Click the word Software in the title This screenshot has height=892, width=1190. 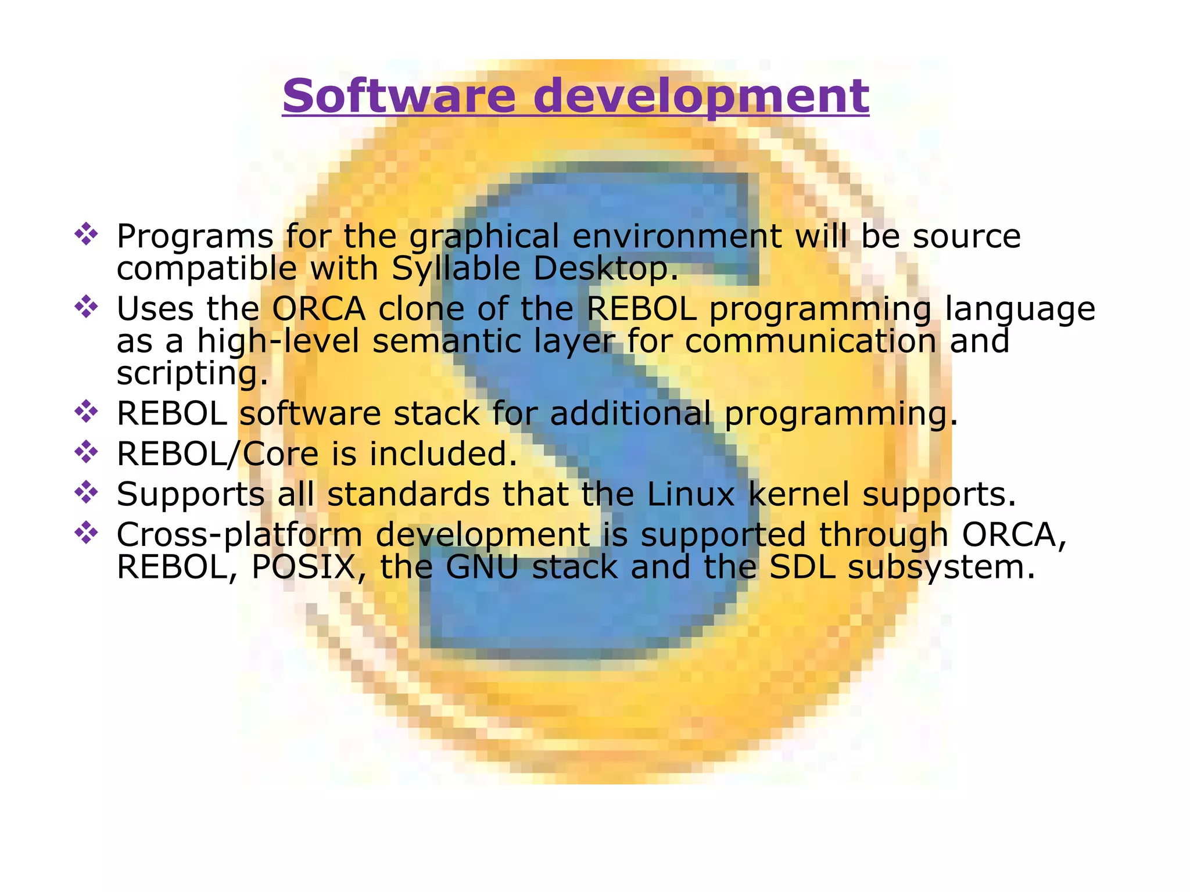pos(399,96)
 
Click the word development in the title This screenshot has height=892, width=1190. pos(701,96)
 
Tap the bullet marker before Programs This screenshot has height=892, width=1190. pos(86,235)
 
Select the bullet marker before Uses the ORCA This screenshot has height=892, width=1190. pos(86,307)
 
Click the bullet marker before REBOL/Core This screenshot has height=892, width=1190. pos(86,452)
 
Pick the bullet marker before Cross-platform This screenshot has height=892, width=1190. pos(86,533)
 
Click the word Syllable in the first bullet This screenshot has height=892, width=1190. pos(456,269)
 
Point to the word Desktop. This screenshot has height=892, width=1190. pos(605,269)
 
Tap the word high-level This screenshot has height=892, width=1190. pos(278,341)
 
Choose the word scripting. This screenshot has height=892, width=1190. pos(192,373)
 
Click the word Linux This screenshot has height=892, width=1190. pos(691,494)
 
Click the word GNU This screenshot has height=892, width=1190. pos(482,567)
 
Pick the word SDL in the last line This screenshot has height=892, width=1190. pos(802,567)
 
